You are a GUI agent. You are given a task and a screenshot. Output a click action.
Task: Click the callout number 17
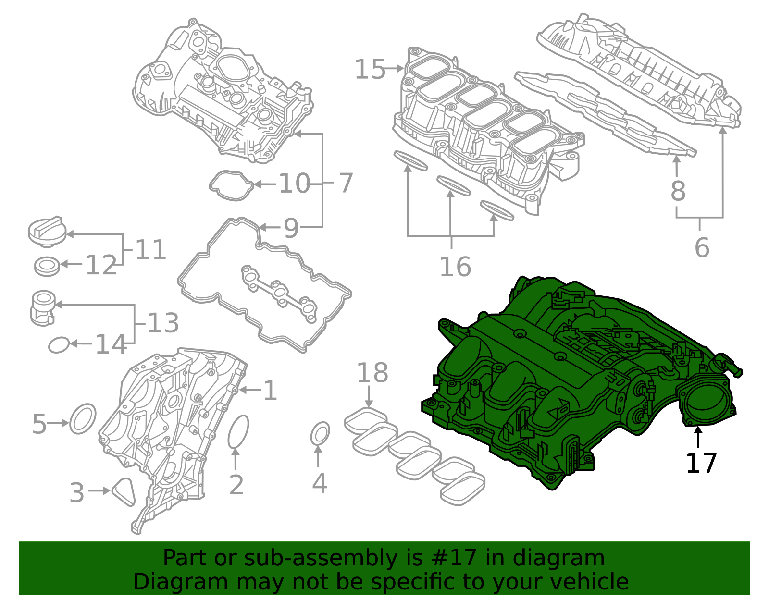click(701, 463)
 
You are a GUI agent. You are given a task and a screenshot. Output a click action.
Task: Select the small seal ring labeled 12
click(47, 266)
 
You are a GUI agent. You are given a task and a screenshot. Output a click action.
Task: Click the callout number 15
click(370, 70)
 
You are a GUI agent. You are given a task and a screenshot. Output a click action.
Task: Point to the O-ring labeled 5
click(83, 418)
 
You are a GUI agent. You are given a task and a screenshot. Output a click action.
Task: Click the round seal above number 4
click(320, 434)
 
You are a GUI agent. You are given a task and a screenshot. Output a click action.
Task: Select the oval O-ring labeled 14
click(59, 344)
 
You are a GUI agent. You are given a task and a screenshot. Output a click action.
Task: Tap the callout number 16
click(455, 267)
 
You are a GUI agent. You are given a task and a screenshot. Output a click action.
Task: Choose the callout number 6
click(702, 247)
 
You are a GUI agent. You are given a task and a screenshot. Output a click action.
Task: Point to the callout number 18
click(372, 373)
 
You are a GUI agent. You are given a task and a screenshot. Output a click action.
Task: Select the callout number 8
click(678, 191)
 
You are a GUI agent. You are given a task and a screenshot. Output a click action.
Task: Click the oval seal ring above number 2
click(238, 431)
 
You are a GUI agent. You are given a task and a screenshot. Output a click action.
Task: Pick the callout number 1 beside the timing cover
click(270, 391)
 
